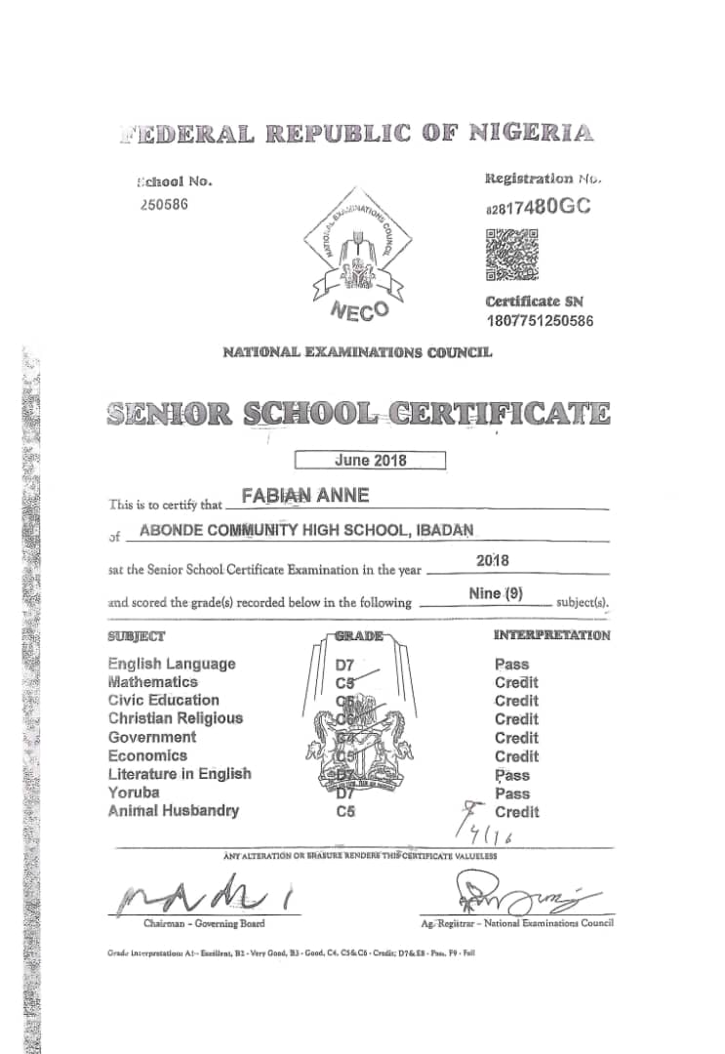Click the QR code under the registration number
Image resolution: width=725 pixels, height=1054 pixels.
click(x=511, y=254)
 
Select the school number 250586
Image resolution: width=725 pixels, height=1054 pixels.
click(x=162, y=204)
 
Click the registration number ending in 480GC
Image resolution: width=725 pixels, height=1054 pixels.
click(x=538, y=207)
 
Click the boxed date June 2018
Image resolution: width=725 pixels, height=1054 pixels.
click(x=370, y=461)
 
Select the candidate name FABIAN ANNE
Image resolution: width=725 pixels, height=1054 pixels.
click(x=305, y=496)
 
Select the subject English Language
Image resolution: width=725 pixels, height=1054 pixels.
click(x=172, y=664)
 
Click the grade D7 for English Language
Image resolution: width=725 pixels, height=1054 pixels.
click(x=345, y=664)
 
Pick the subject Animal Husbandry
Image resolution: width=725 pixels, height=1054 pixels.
click(x=173, y=811)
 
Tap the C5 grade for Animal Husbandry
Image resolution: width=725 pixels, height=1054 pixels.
click(x=345, y=811)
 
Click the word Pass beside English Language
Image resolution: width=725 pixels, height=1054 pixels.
click(x=512, y=664)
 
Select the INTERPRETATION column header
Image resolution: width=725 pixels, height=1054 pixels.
click(x=552, y=635)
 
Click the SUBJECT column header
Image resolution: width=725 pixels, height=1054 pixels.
click(x=136, y=636)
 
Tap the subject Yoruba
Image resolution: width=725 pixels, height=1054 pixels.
click(x=134, y=792)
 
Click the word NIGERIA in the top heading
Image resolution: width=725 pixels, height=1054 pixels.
click(x=532, y=134)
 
